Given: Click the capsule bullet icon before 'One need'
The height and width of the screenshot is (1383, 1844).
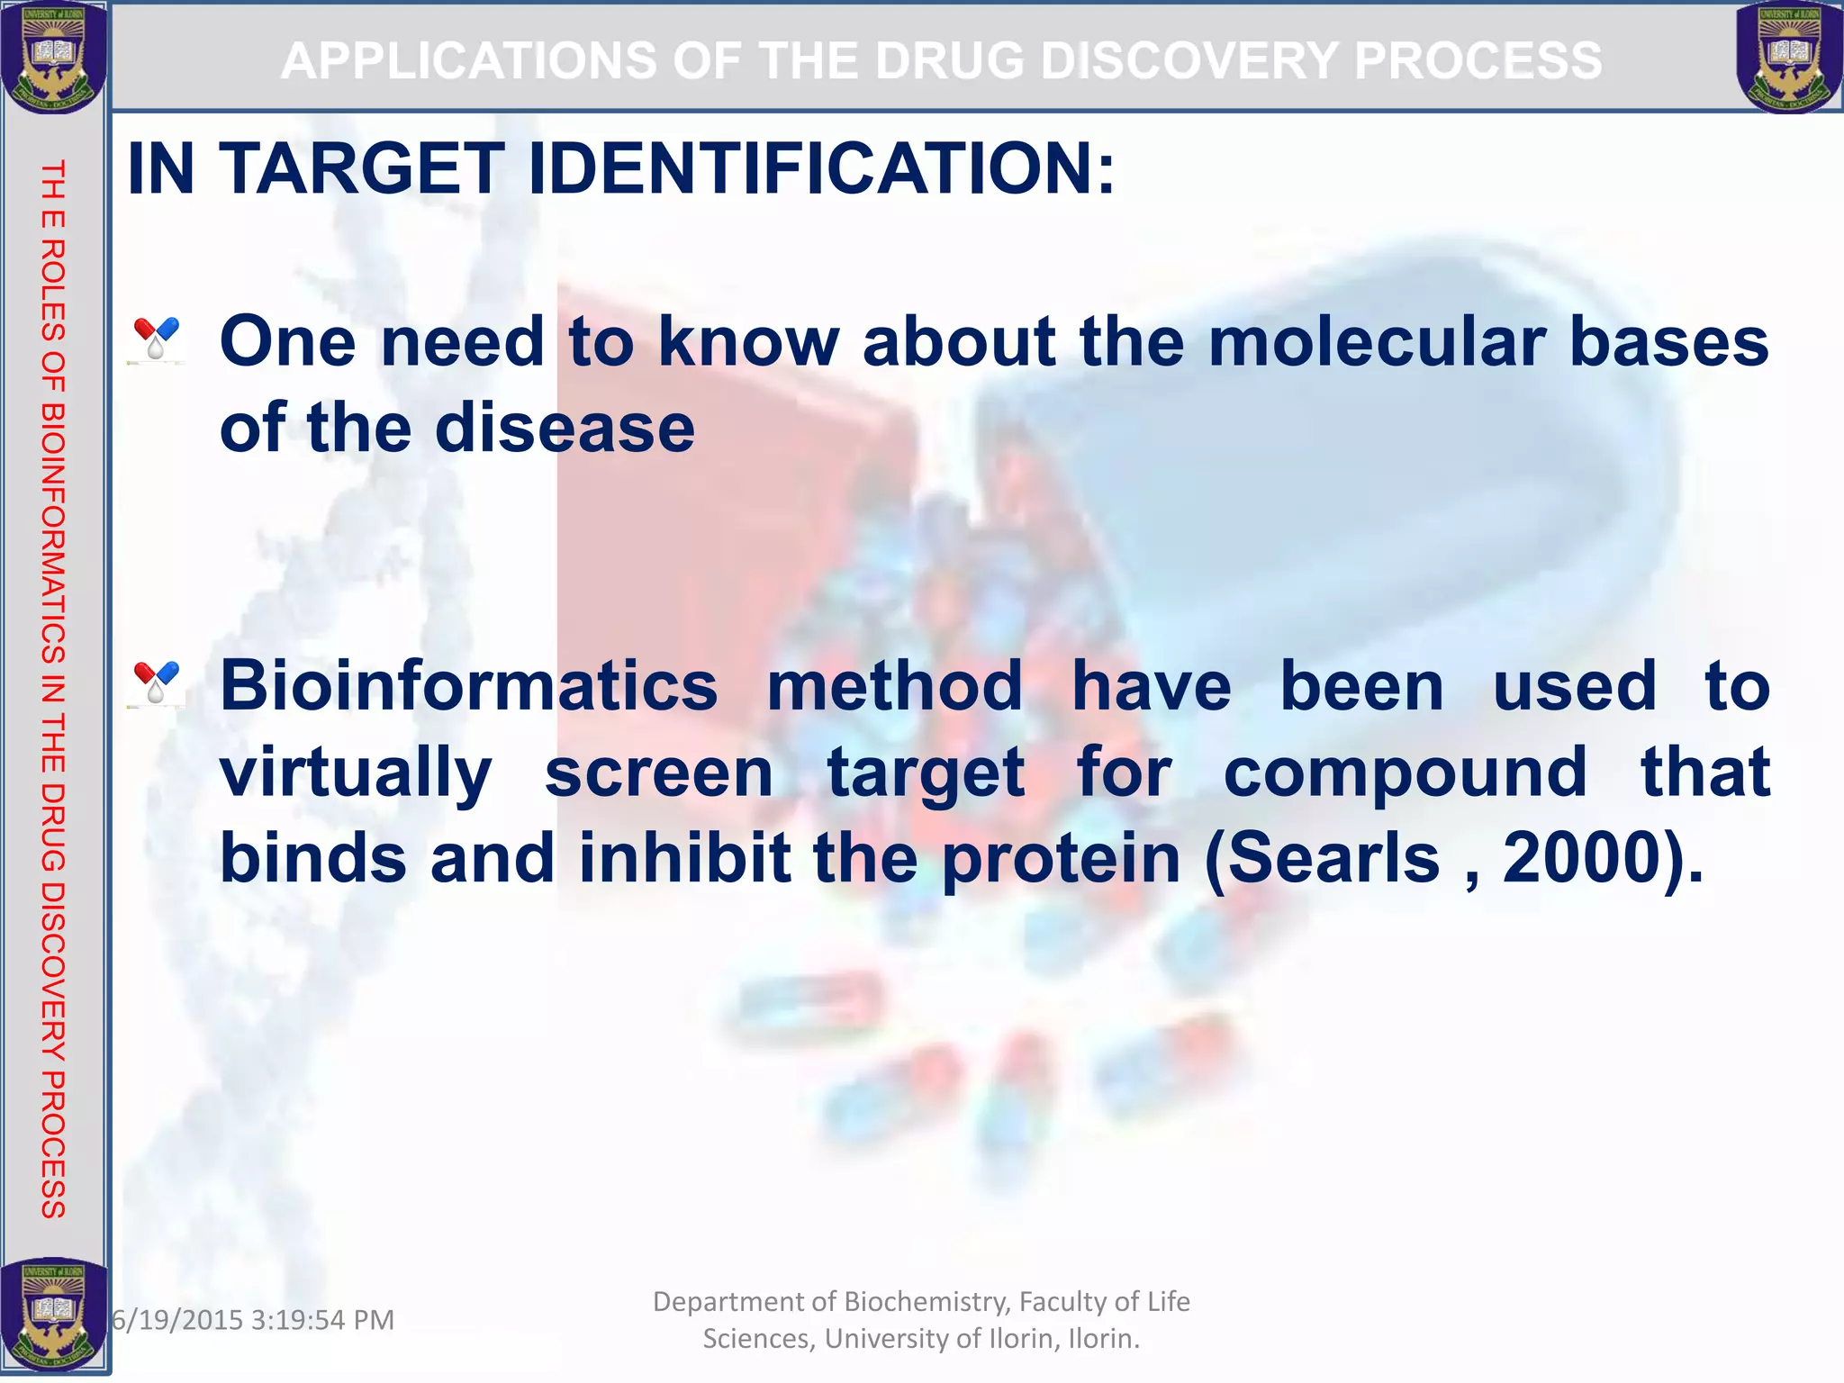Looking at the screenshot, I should (157, 339).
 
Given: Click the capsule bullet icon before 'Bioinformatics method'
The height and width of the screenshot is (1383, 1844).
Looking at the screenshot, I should (157, 683).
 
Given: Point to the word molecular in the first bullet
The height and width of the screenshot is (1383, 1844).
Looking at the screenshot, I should (1377, 342).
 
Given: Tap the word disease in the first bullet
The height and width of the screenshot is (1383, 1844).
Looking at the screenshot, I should (565, 429).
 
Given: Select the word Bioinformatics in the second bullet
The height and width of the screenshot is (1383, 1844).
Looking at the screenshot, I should (468, 686).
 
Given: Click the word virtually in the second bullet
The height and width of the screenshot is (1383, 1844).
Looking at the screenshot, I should (356, 773).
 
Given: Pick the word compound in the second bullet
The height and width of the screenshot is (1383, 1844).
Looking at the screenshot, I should (1406, 773).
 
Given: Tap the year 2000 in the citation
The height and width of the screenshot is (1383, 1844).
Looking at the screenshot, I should (1581, 858).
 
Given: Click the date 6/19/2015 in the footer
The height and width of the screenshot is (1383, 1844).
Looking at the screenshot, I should (178, 1320).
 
